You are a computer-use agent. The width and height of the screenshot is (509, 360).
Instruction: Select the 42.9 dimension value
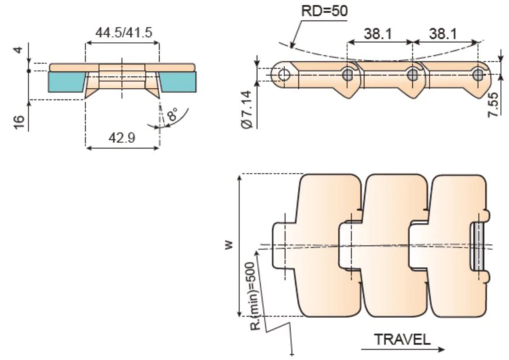(121, 137)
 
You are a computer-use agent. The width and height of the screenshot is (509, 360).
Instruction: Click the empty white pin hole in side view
(284, 74)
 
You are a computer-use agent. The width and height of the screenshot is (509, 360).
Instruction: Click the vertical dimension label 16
(18, 121)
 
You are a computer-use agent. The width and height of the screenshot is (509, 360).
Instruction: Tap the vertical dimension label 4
(18, 50)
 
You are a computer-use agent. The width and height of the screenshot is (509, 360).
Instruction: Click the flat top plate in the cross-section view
(121, 67)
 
